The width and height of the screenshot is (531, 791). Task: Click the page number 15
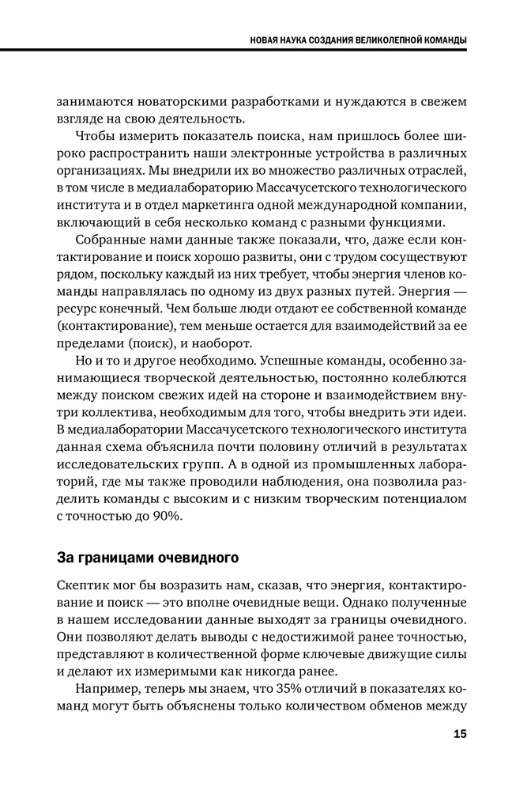tap(460, 734)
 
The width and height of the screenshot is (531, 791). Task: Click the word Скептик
tap(85, 585)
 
